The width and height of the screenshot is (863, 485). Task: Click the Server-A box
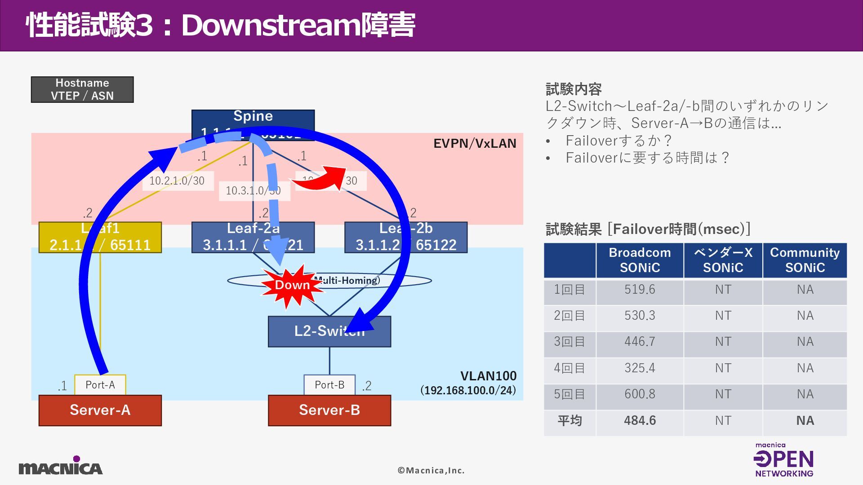click(x=100, y=410)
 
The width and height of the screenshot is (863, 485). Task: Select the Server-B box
click(x=329, y=410)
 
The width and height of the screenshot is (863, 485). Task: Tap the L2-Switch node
click(x=329, y=331)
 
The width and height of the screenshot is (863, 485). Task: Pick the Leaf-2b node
click(x=405, y=237)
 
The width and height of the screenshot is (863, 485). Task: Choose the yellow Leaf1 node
click(x=100, y=237)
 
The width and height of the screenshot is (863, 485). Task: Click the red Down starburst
click(x=293, y=285)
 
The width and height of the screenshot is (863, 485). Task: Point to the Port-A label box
click(x=100, y=385)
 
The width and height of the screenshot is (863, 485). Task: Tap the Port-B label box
click(x=329, y=385)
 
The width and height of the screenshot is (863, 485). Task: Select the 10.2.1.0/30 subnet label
click(x=177, y=181)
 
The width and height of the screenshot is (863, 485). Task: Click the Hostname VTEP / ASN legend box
click(x=82, y=89)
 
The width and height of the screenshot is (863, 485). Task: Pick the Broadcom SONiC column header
click(x=640, y=260)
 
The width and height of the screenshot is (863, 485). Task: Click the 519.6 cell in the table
click(x=640, y=290)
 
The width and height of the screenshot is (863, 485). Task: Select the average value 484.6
click(x=640, y=421)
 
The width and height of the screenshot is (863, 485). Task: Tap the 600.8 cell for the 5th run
click(x=640, y=394)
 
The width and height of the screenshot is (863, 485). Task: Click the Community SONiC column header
click(x=805, y=260)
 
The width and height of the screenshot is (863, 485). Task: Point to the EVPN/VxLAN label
click(x=475, y=143)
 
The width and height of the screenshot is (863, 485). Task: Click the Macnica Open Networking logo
click(x=784, y=460)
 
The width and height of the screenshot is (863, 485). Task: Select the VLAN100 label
click(x=488, y=376)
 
